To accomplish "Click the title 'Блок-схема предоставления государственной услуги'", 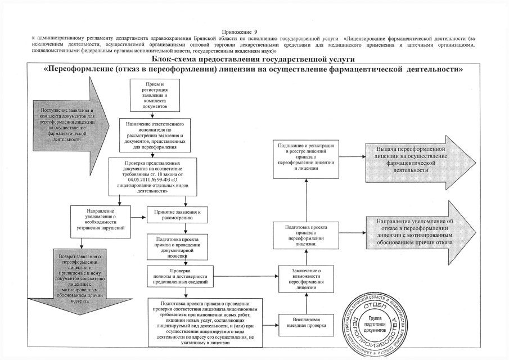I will tap(254, 59).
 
